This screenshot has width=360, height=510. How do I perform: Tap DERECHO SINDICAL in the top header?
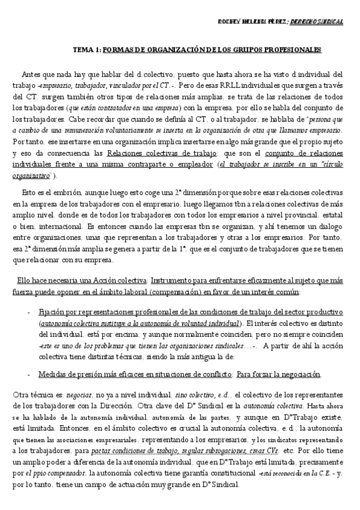click(317, 22)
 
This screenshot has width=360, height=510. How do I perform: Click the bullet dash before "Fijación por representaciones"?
click(29, 313)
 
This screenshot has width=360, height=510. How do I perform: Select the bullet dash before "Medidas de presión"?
click(29, 374)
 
